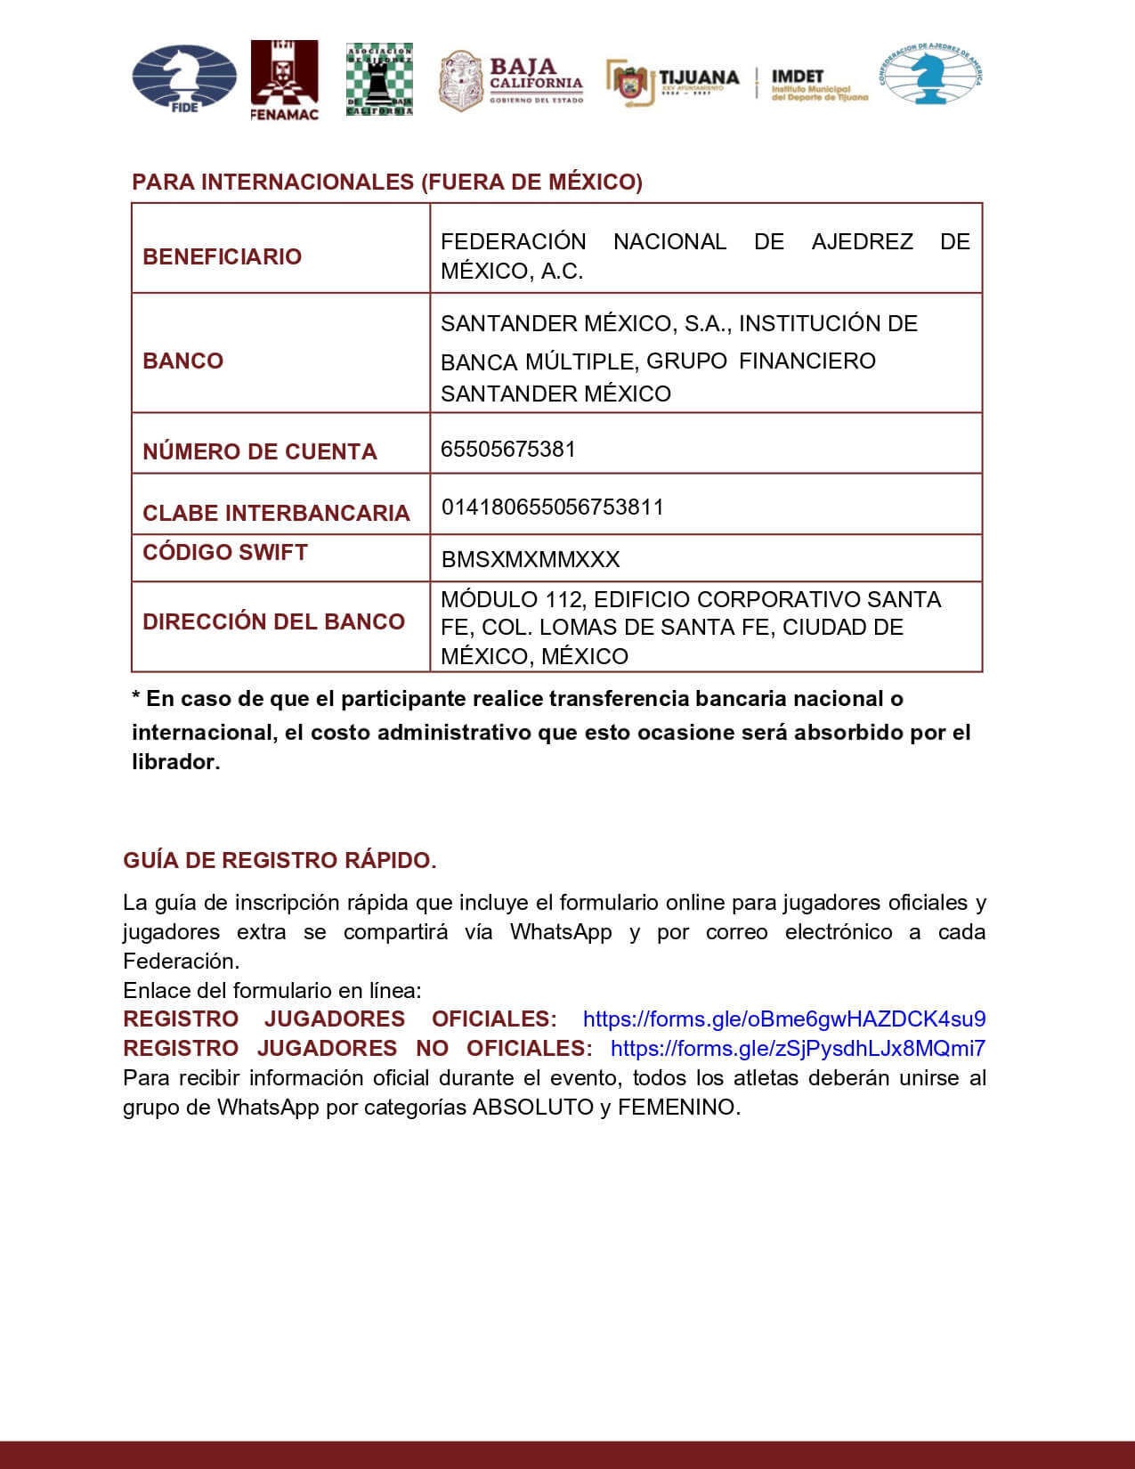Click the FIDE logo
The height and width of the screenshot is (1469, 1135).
184,79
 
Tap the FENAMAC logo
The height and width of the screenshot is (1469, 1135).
284,80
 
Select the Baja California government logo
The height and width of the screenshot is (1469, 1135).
512,80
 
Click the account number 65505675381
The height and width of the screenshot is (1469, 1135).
508,449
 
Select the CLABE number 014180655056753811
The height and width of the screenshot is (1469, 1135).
553,507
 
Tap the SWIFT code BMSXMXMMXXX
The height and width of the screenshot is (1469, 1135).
531,560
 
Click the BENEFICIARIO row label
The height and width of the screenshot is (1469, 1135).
222,256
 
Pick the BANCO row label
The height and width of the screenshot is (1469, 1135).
182,361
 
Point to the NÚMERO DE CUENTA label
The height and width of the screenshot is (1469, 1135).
259,451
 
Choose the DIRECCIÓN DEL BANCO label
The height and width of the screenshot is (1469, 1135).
273,621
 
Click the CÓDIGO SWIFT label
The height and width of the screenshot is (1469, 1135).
225,552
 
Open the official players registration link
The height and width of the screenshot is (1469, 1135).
783,1019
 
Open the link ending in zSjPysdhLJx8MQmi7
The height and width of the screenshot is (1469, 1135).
798,1049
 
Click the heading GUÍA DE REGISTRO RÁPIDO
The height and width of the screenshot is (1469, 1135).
280,861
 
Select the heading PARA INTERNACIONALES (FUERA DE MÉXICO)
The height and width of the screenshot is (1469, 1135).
387,183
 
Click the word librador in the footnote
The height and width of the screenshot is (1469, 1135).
174,762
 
